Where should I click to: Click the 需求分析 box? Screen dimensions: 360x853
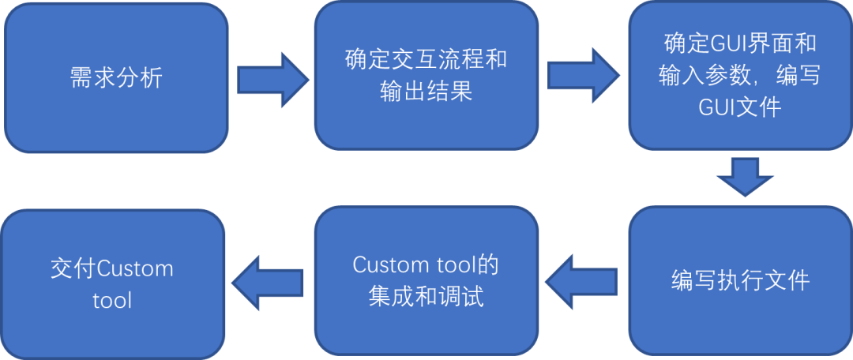(116, 77)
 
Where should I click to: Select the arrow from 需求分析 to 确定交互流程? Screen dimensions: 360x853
(272, 78)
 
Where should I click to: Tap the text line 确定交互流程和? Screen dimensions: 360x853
(426, 60)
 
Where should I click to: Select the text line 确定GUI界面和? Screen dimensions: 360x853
(740, 43)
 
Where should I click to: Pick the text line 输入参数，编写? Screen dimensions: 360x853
(740, 75)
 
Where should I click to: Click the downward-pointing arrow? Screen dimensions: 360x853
(745, 177)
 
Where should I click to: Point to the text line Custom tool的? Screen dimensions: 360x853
(426, 265)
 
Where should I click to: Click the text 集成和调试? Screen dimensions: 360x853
(426, 298)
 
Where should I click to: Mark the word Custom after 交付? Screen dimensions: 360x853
(134, 268)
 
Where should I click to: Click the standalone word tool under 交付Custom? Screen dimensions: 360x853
(111, 301)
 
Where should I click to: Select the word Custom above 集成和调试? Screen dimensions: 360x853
(390, 265)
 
